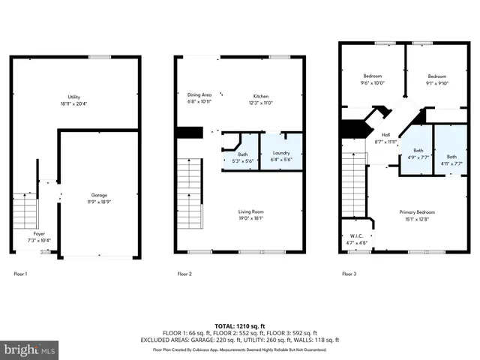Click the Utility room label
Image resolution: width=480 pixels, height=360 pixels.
pyautogui.click(x=74, y=97)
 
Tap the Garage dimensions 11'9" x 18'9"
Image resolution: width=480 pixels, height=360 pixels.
pyautogui.click(x=94, y=202)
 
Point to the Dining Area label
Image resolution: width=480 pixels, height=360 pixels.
pyautogui.click(x=199, y=94)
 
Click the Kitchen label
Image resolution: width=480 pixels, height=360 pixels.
pyautogui.click(x=260, y=96)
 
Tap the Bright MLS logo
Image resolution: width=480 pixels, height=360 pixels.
pyautogui.click(x=30, y=349)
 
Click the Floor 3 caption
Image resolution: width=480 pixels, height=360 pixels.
pyautogui.click(x=349, y=274)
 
